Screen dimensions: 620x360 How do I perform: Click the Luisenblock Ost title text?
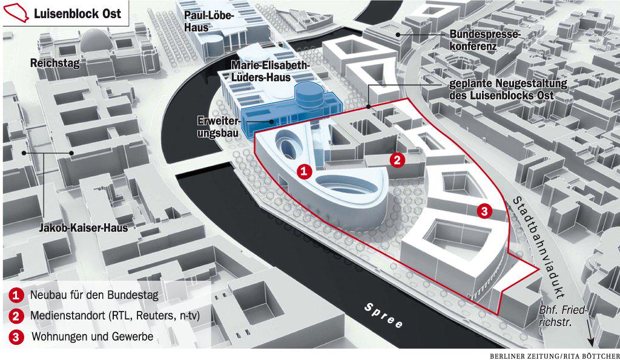point(77,13)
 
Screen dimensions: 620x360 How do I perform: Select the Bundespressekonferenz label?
point(484,40)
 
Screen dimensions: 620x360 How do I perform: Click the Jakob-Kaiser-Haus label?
point(84,227)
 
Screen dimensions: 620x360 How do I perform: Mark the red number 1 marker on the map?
point(305,172)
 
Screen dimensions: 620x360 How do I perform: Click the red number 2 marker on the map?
point(397,160)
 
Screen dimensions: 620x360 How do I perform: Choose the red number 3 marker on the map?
point(484,211)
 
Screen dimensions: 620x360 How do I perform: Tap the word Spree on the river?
point(384,316)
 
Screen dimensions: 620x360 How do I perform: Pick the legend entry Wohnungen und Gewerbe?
point(91,336)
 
